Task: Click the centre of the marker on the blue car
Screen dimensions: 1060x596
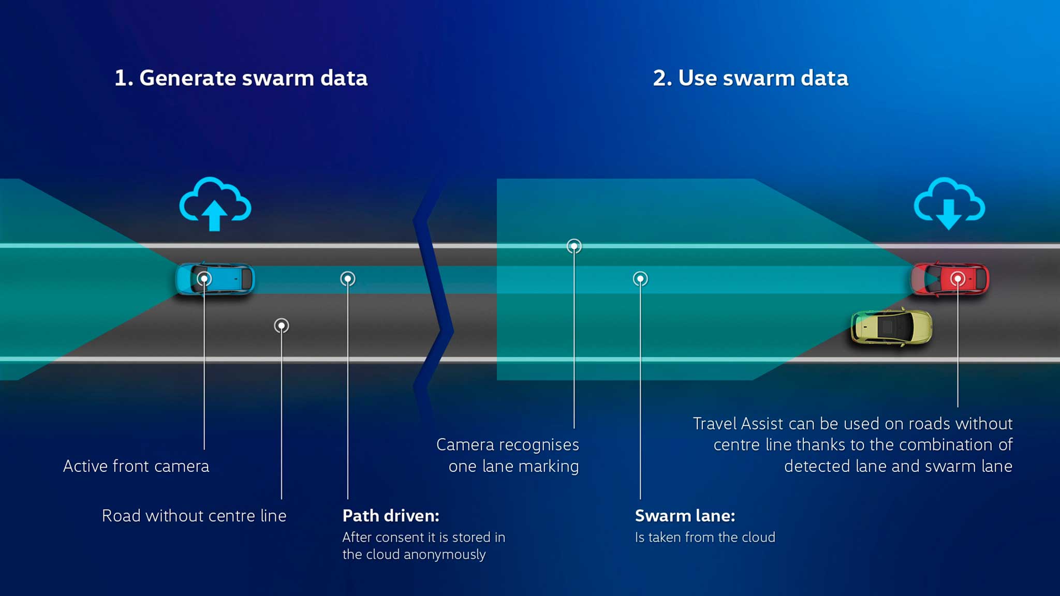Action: point(204,279)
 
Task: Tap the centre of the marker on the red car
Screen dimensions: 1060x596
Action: point(958,279)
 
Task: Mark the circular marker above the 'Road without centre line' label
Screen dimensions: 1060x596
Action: point(282,325)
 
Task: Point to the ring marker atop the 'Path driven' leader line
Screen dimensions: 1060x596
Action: point(348,279)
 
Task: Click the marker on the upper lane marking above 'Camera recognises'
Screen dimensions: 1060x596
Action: point(574,246)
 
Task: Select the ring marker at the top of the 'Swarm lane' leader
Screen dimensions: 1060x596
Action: point(640,279)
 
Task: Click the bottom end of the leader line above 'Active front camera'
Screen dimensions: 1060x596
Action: point(204,449)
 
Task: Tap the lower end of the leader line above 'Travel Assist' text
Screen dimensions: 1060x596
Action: point(958,407)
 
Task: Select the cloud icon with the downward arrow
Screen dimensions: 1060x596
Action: point(949,204)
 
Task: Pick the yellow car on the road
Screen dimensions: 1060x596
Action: point(891,327)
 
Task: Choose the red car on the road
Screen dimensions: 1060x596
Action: point(950,279)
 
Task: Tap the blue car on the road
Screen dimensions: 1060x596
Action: point(215,279)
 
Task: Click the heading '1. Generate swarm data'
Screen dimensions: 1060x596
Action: point(241,78)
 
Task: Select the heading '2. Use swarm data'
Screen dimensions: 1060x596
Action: point(750,78)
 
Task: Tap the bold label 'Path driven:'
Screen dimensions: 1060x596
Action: point(391,516)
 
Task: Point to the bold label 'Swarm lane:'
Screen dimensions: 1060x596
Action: point(685,516)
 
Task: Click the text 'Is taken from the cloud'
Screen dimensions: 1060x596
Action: point(705,538)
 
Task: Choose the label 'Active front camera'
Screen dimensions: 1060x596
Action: point(136,466)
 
